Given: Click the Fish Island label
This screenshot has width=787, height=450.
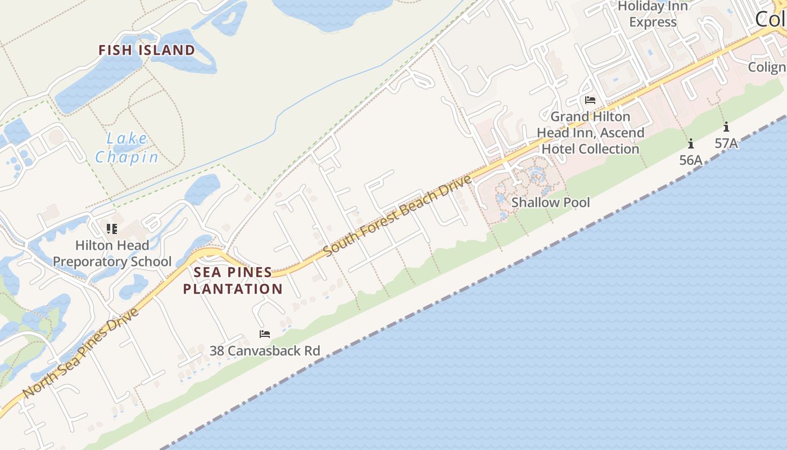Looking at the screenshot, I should tap(147, 50).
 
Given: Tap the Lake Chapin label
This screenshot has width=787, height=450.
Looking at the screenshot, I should tap(127, 147).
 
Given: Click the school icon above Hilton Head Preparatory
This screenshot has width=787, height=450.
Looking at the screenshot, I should tap(111, 228).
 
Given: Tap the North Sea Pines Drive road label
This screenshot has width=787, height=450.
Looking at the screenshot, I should tap(82, 352).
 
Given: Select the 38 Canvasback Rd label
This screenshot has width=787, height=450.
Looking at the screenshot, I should tap(265, 350).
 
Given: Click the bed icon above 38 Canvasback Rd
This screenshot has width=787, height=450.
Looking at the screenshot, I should tap(265, 334).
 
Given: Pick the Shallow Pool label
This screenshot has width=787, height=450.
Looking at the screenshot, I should tap(550, 202).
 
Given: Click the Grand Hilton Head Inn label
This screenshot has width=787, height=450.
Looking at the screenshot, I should tap(590, 133).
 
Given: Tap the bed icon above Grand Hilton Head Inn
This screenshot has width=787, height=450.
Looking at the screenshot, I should tap(590, 100).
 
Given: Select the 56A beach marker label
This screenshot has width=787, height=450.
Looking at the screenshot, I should tap(691, 160).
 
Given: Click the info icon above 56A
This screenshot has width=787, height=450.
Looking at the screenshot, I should tap(691, 143).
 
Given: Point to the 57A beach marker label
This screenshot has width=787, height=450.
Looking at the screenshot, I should tap(726, 143).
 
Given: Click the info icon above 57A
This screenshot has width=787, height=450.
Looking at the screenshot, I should tap(726, 127).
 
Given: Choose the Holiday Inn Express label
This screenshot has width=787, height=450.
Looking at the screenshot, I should tap(653, 14).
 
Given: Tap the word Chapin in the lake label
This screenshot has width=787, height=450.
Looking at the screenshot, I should tap(127, 157).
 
